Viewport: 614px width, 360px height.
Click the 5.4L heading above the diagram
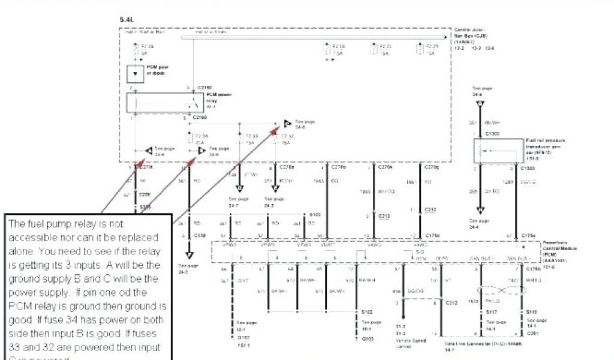click(127, 20)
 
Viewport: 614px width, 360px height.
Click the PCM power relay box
click(162, 103)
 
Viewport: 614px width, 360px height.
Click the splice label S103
click(315, 214)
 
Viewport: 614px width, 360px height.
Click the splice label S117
click(490, 313)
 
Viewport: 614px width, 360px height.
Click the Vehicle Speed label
click(410, 340)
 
